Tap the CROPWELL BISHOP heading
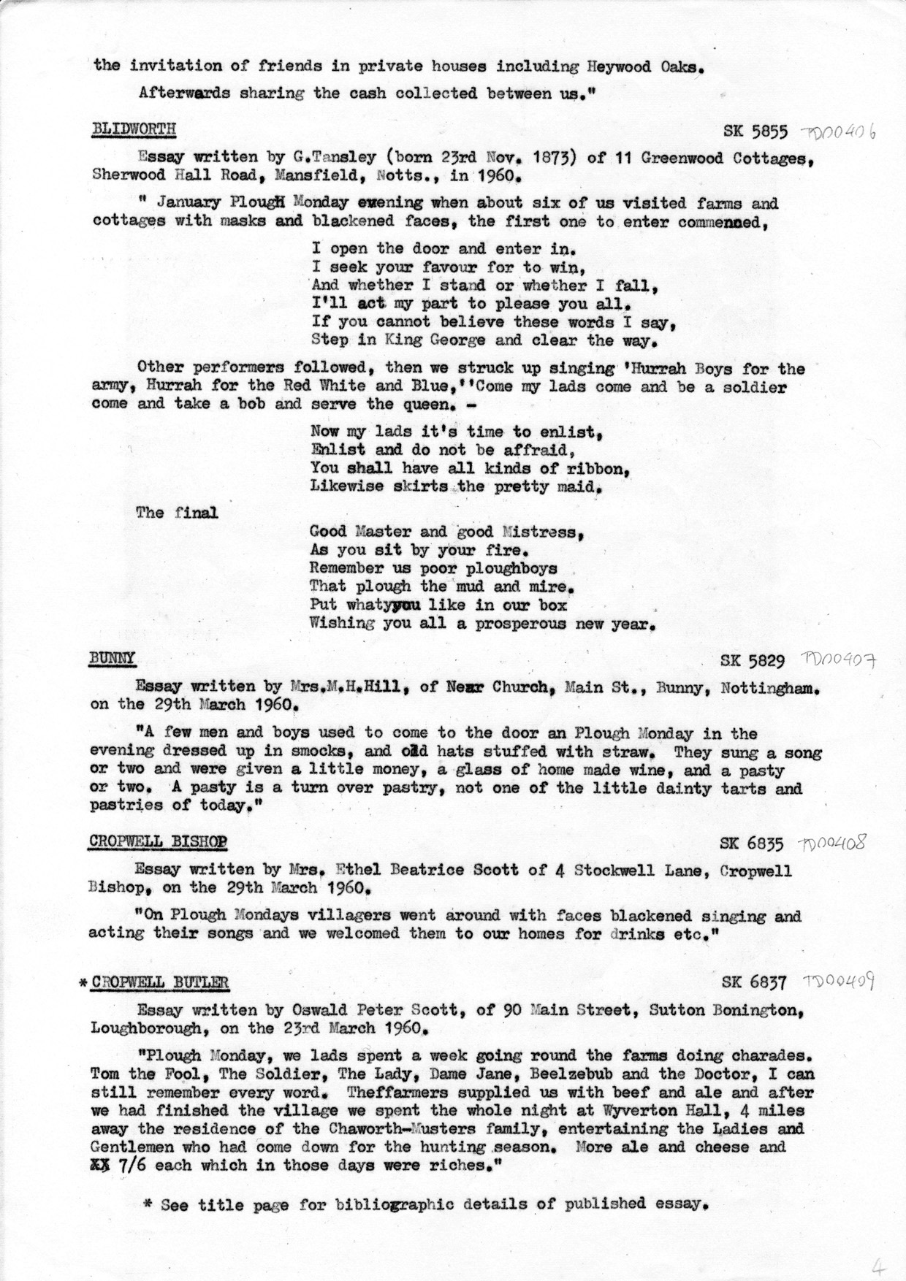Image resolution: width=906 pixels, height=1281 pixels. [x=158, y=842]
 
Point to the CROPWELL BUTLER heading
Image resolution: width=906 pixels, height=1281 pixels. [x=160, y=982]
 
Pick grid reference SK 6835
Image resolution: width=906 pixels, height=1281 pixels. [x=752, y=844]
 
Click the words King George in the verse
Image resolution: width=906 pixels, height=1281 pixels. [x=409, y=340]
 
